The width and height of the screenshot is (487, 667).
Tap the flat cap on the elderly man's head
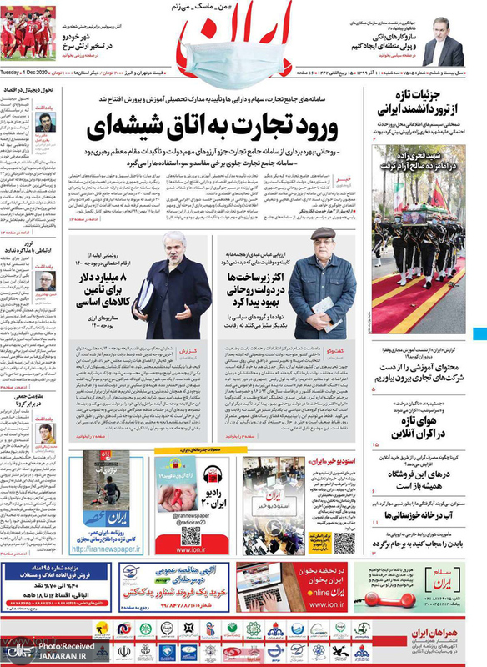pyautogui.click(x=320, y=234)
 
